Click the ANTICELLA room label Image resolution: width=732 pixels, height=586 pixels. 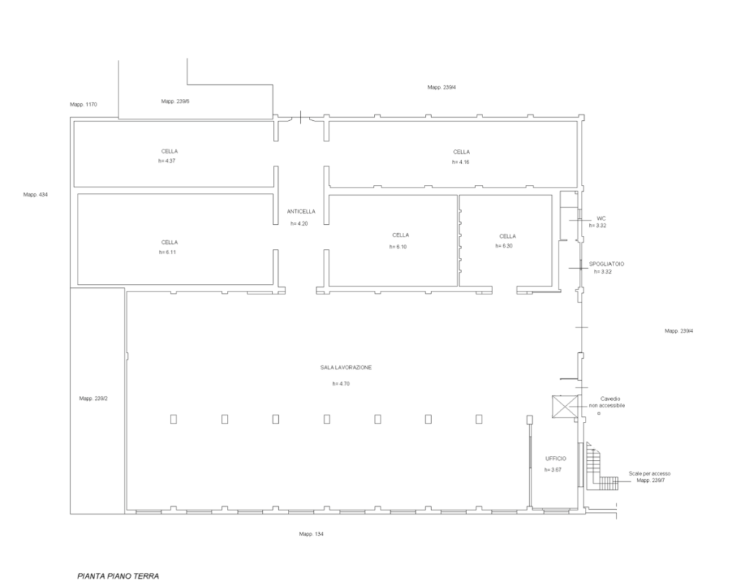coord(301,212)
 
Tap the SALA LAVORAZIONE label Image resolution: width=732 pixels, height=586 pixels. coord(346,368)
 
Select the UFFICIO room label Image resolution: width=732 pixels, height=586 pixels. coord(556,459)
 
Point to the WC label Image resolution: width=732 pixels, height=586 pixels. coord(601,218)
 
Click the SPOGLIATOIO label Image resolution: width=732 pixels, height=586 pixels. coord(606,264)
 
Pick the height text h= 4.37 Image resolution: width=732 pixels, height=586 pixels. coord(167,160)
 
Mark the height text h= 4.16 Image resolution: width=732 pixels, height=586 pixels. coord(460,162)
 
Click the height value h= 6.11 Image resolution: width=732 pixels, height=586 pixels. coord(167,252)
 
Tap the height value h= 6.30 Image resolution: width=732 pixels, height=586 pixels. coord(504,246)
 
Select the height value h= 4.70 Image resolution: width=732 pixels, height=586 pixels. coord(341,384)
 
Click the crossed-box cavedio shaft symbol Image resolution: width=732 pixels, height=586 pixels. coord(565,407)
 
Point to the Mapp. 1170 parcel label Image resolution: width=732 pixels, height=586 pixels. coord(83,105)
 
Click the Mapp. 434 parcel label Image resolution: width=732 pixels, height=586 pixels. coord(35,195)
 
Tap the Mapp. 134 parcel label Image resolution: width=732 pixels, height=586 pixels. coord(311,534)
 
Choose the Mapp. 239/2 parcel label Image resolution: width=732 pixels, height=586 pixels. coord(94,398)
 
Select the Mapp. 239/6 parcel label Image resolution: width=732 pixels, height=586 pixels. coord(175,101)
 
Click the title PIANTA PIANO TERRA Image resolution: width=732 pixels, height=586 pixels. coord(118,576)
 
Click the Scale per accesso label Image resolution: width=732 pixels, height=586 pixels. coord(649,474)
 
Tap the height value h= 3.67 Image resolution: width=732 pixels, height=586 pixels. coord(553,470)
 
